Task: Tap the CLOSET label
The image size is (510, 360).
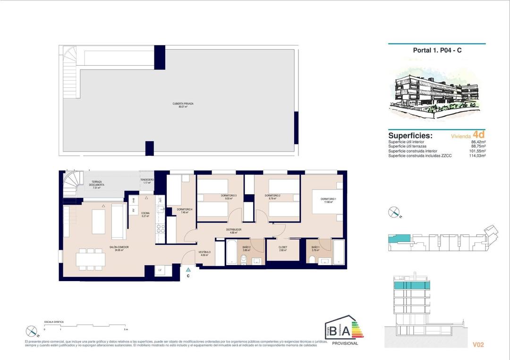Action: [282, 247]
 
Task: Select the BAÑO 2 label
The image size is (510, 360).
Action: [246, 247]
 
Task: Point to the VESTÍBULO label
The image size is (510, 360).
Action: [204, 252]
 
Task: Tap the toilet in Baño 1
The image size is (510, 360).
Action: [312, 258]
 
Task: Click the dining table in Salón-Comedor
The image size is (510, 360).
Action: [90, 259]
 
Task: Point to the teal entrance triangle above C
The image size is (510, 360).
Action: [188, 269]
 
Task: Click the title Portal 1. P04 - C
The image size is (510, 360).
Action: [437, 51]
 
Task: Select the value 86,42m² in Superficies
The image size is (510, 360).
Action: [478, 142]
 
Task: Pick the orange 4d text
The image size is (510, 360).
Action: [479, 135]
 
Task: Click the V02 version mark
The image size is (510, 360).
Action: [478, 345]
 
